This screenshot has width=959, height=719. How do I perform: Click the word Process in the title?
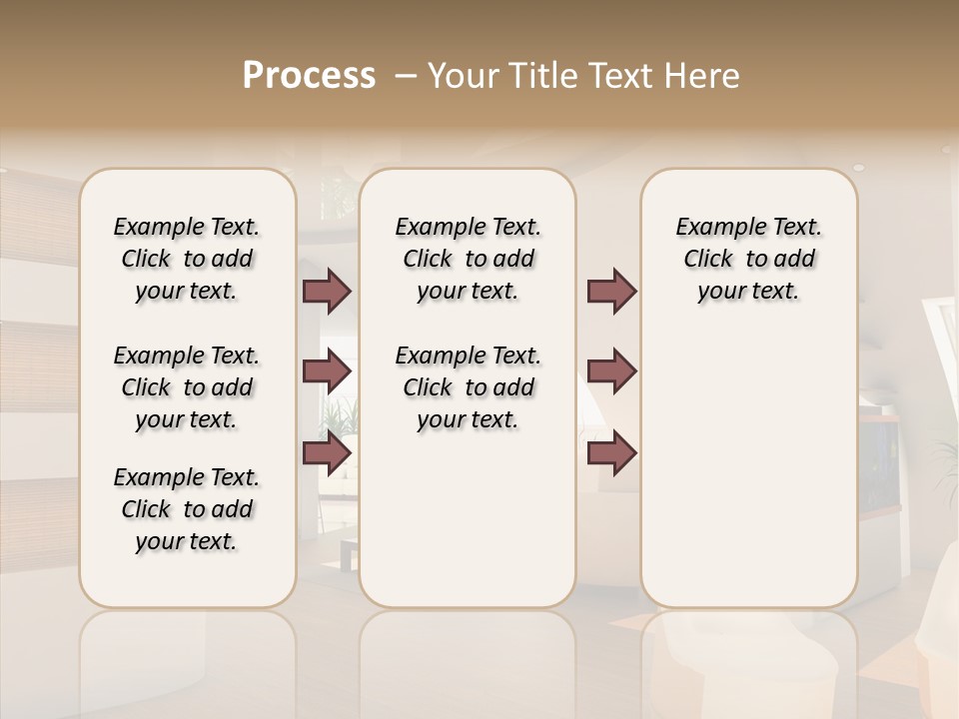coord(309,76)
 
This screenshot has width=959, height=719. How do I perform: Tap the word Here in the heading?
coord(700,76)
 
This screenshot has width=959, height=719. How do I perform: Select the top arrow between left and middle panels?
coord(327,291)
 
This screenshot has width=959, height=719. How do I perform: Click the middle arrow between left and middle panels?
coord(327,371)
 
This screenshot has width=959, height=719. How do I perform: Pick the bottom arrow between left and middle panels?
coord(327,453)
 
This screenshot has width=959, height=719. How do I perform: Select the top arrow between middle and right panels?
coord(611,291)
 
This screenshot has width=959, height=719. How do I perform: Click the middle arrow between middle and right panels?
coord(611,371)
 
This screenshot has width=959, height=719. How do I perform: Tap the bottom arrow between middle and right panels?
coord(611,453)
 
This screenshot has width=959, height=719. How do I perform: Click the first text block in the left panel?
coord(187,259)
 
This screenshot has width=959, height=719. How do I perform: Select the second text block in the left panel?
coord(187,387)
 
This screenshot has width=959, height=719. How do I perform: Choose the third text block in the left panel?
coord(187,509)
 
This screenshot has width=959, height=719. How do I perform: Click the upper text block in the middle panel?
coord(468,259)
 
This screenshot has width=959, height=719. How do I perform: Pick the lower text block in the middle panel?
coord(468,387)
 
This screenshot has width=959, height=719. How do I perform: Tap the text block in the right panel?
coord(748,259)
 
